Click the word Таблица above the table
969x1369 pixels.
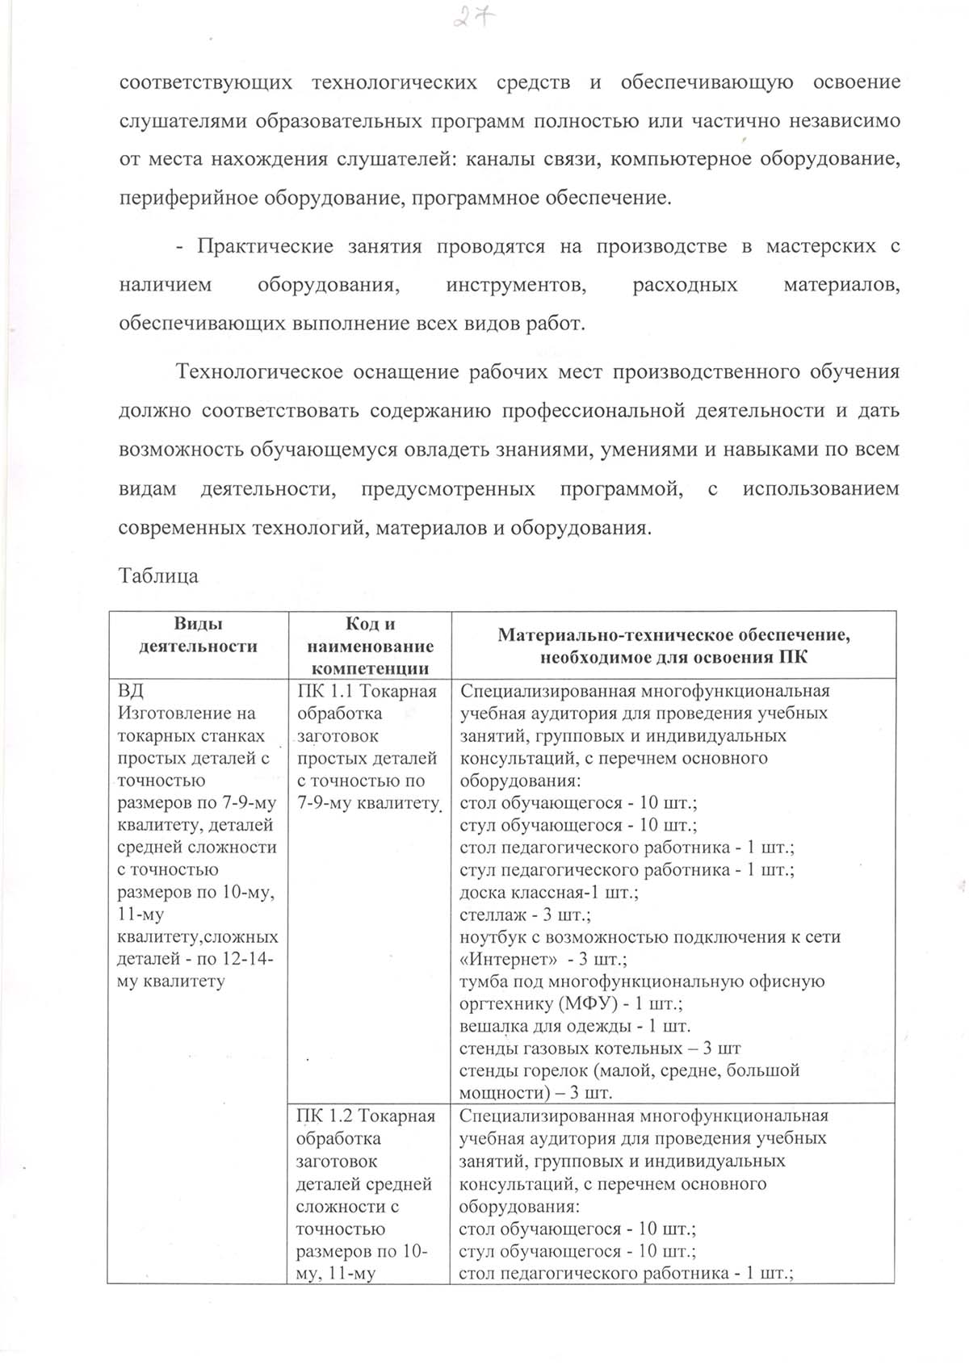tap(158, 576)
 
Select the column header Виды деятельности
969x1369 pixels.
tap(198, 634)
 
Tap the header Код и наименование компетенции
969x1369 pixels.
tap(370, 646)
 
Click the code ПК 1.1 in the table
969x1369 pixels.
tap(325, 691)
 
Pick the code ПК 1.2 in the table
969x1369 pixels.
tap(324, 1116)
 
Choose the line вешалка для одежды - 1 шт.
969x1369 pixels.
tap(575, 1027)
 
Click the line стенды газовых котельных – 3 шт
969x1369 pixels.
tap(600, 1049)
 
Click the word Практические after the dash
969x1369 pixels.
tap(266, 246)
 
